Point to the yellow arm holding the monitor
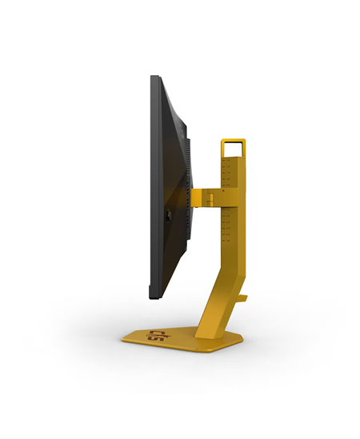[210, 194]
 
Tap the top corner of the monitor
[154, 78]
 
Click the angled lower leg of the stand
[221, 296]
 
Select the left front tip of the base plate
[124, 339]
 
